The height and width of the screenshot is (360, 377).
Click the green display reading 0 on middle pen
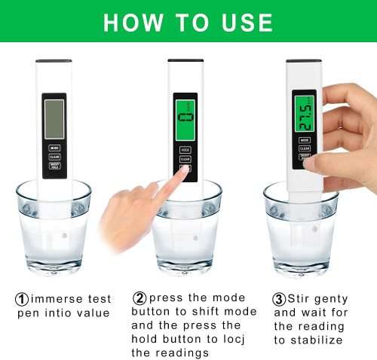185,117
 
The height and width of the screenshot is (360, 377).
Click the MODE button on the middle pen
185,150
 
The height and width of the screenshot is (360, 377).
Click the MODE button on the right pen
305,140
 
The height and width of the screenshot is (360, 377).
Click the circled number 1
23,298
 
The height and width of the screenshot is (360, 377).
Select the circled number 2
139,298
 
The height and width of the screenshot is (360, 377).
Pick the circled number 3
280,298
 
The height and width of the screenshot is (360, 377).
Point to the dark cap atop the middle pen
185,61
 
